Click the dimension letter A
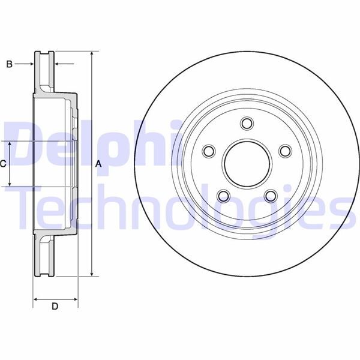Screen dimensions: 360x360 pyautogui.click(x=99, y=163)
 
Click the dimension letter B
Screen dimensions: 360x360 pyautogui.click(x=9, y=63)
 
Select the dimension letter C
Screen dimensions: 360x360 pyautogui.click(x=3, y=163)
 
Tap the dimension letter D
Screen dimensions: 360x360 pyautogui.click(x=55, y=307)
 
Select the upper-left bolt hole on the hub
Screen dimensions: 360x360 pyautogui.click(x=209, y=151)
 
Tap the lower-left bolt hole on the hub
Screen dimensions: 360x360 pyautogui.click(x=223, y=196)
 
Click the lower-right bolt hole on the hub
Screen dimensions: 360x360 pyautogui.click(x=270, y=196)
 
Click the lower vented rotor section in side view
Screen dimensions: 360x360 pyautogui.click(x=43, y=255)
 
